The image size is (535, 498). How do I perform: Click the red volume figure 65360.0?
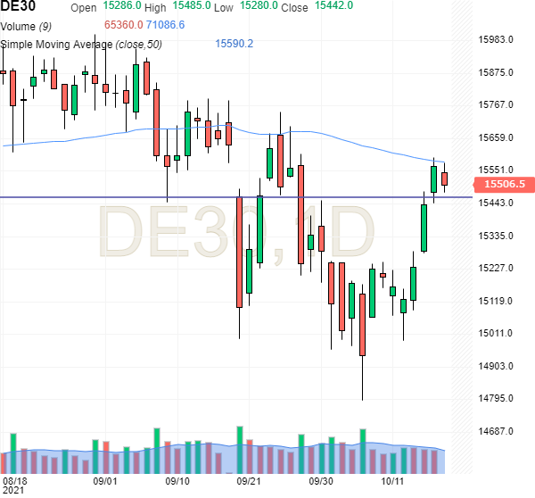(123, 25)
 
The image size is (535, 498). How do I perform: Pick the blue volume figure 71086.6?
(167, 25)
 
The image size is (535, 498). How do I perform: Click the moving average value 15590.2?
(235, 44)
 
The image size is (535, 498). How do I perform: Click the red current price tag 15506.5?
(504, 184)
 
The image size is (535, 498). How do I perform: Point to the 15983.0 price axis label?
(498, 39)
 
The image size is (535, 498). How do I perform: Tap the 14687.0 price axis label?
(498, 431)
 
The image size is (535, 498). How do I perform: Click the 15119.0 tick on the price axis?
(498, 301)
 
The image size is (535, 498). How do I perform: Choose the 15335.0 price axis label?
(498, 236)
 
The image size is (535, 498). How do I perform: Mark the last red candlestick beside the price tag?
(444, 179)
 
